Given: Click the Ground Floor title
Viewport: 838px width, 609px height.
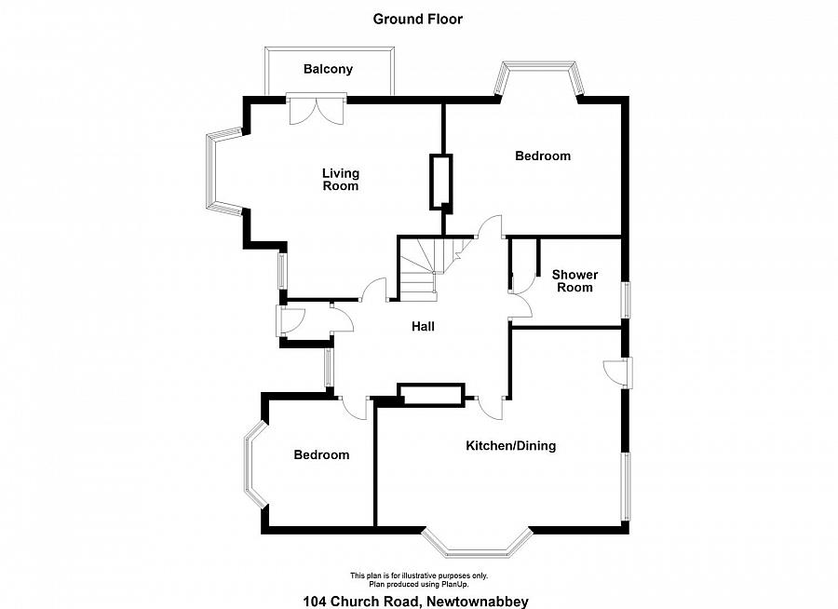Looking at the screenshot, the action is tap(417, 20).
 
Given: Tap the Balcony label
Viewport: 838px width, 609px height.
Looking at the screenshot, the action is tap(328, 69).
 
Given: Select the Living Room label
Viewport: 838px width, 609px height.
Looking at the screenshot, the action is tap(341, 180).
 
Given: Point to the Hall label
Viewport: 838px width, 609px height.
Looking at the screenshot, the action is tap(423, 326).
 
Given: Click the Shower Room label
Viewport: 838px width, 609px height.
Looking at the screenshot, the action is tap(575, 280).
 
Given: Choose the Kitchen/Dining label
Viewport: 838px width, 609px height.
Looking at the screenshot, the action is tap(511, 445).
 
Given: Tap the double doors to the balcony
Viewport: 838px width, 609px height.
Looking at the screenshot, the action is tap(317, 110).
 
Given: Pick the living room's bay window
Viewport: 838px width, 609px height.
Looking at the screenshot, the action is tap(223, 172).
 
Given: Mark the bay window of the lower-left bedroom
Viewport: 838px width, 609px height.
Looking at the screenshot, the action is tap(255, 464).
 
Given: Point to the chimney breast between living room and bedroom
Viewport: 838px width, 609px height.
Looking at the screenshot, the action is tap(441, 183).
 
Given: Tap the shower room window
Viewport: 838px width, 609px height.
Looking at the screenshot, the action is tap(625, 300).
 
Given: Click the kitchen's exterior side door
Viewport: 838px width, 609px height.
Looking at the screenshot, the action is tap(620, 372).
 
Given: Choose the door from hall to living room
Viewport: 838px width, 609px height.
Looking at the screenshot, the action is tap(374, 291).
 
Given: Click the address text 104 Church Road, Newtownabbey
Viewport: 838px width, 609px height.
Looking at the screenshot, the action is tap(416, 601).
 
